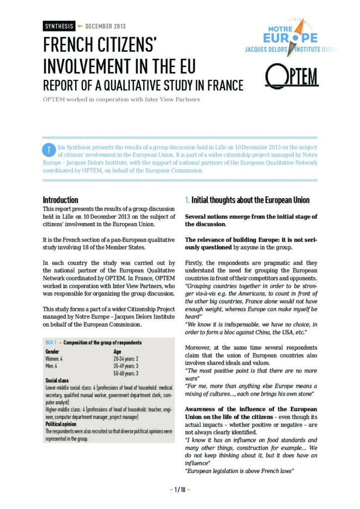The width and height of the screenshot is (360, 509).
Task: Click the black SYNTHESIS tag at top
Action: [59, 26]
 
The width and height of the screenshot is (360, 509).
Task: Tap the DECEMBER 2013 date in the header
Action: [105, 26]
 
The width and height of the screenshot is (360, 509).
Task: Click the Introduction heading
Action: [60, 200]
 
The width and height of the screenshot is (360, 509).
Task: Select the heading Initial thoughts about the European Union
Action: [251, 200]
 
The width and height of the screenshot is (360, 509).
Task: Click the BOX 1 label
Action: [50, 343]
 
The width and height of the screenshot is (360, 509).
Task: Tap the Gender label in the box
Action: [53, 351]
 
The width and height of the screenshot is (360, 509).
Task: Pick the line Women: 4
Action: [54, 358]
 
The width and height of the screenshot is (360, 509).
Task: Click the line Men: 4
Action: [51, 366]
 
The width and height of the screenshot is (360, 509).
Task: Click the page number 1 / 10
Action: [180, 490]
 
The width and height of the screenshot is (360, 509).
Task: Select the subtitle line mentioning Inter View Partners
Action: [121, 99]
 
